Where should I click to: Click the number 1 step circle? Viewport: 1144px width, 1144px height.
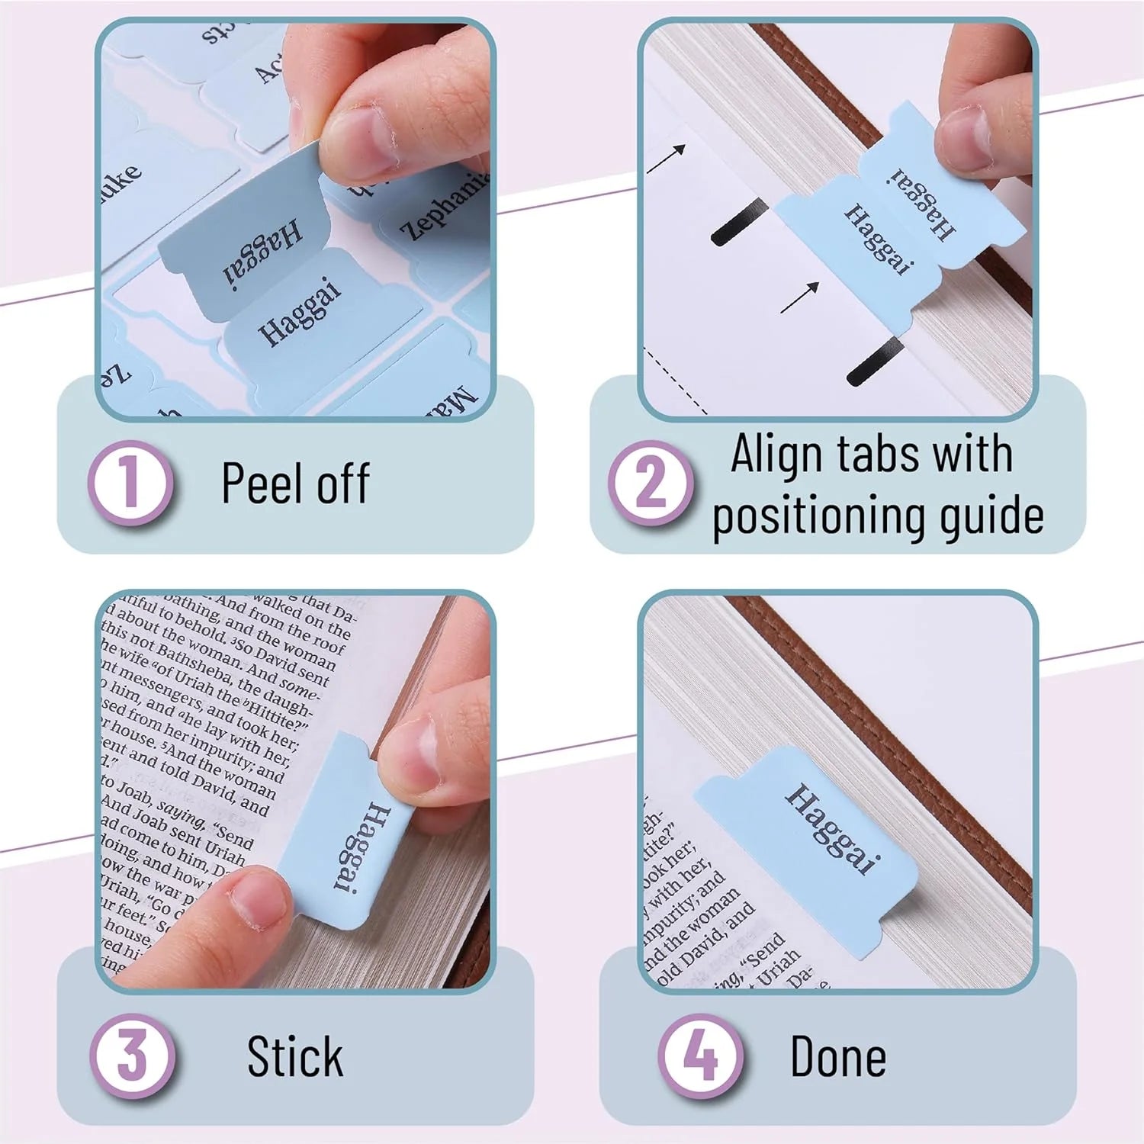[x=130, y=482]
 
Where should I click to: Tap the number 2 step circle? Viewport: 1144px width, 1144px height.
[x=650, y=482]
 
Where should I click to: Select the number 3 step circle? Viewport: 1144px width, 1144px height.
[x=132, y=1056]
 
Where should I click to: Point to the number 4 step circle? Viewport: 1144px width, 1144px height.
[x=700, y=1056]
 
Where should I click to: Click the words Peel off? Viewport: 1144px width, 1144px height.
[x=295, y=484]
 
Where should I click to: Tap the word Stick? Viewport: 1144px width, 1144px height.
[x=295, y=1056]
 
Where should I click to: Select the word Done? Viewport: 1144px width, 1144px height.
[x=837, y=1056]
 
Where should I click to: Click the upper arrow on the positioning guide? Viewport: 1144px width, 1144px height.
[x=665, y=159]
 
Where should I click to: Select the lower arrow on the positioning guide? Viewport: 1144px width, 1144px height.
[x=799, y=296]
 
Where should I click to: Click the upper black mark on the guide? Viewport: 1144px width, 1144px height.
[x=738, y=220]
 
